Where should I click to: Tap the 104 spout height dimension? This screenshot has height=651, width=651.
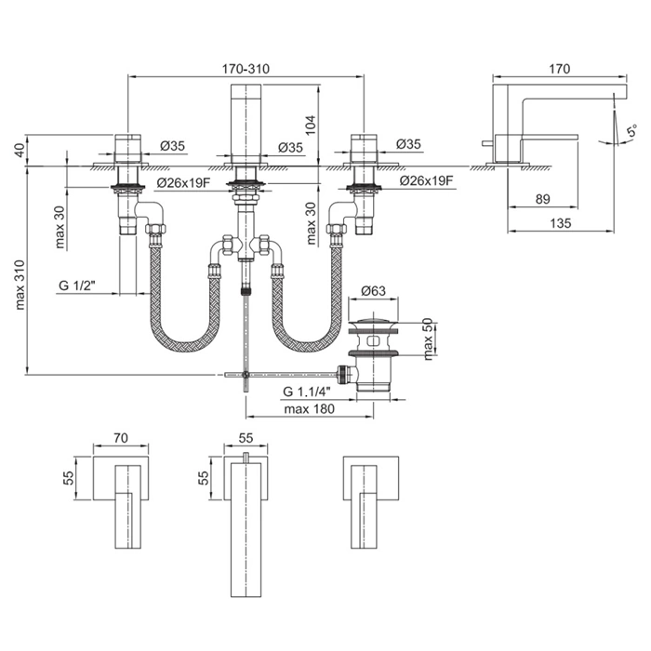pyautogui.click(x=311, y=125)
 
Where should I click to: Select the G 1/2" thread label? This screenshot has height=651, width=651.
pyautogui.click(x=77, y=286)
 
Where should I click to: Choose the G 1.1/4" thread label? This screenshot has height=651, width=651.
pyautogui.click(x=306, y=392)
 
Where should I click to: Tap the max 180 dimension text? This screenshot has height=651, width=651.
pyautogui.click(x=309, y=409)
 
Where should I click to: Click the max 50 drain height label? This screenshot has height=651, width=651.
pyautogui.click(x=428, y=340)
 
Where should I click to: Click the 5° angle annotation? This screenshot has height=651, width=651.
pyautogui.click(x=630, y=132)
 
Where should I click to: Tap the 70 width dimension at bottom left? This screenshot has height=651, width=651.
pyautogui.click(x=121, y=436)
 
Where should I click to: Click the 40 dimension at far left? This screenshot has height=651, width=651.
pyautogui.click(x=20, y=151)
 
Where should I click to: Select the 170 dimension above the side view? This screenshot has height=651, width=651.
pyautogui.click(x=560, y=69)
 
